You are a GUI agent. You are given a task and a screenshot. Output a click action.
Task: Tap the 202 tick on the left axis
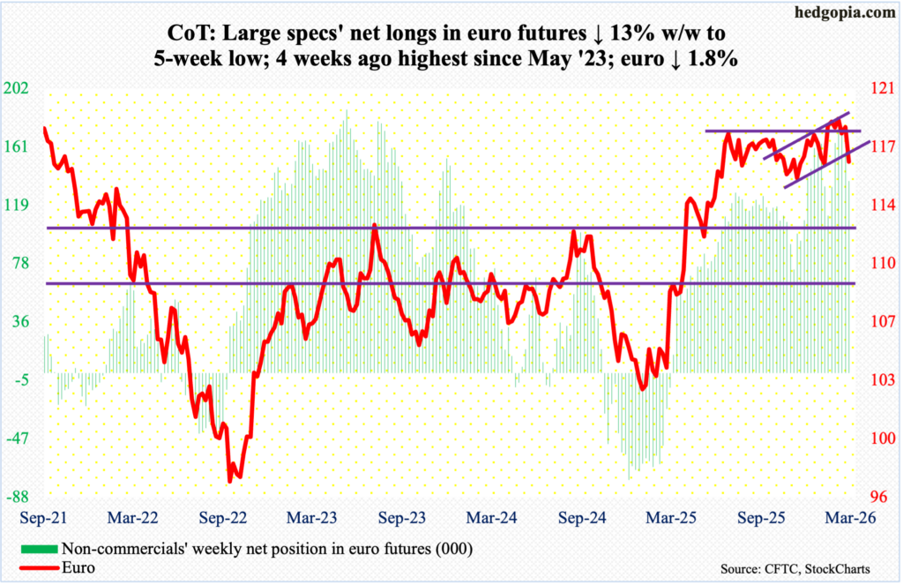pyautogui.click(x=19, y=88)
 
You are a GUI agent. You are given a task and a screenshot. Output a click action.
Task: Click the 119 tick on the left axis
pyautogui.click(x=19, y=205)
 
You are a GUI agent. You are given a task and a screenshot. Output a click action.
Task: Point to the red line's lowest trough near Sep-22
pyautogui.click(x=230, y=481)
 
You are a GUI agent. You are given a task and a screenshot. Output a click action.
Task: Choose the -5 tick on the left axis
pyautogui.click(x=21, y=379)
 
